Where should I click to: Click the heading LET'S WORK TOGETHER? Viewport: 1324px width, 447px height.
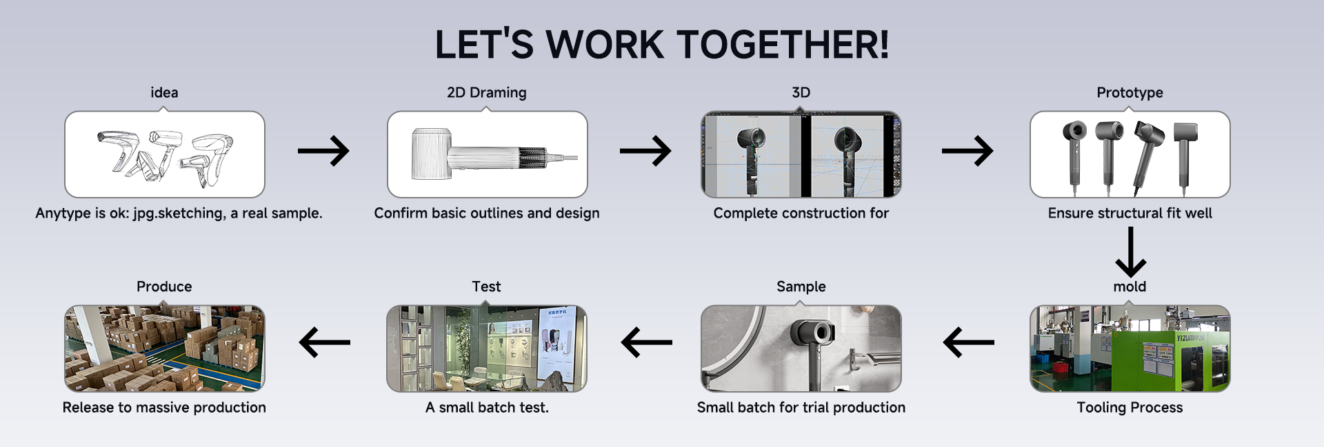coord(662,45)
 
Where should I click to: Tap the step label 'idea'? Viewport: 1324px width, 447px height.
coord(164,92)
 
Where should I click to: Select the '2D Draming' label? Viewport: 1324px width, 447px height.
coord(487,92)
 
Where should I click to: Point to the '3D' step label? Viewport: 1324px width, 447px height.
coord(801,92)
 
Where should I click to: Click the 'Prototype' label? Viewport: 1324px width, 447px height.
coord(1130,92)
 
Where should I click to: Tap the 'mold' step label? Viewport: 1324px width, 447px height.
coord(1130,287)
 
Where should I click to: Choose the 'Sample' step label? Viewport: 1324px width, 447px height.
coord(801,287)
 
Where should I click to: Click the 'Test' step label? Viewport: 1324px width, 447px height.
coord(486,287)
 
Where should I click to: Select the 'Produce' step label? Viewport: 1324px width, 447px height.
coord(164,287)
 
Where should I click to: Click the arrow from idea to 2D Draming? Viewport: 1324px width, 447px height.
coord(323,151)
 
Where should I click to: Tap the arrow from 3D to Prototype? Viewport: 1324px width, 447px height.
coord(967,151)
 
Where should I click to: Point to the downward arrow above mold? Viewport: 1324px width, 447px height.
coord(1130,252)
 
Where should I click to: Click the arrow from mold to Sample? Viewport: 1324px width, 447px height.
coord(969,342)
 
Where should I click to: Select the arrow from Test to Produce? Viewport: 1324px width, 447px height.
coord(325,342)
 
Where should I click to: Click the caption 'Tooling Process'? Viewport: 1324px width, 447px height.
coord(1130,408)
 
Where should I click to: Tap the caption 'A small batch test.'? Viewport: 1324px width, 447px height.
coord(487,408)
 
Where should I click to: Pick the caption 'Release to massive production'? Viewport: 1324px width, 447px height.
coord(164,408)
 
